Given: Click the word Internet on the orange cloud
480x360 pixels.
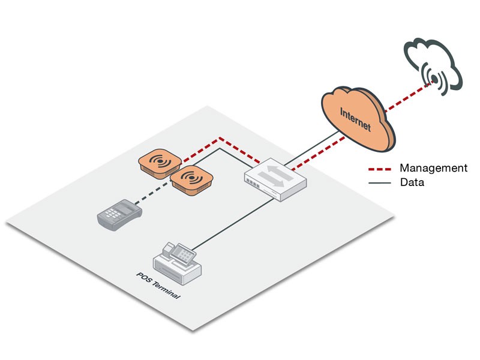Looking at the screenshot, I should (x=355, y=119).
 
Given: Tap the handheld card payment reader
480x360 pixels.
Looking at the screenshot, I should (x=119, y=214).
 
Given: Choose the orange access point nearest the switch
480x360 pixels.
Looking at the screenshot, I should (x=191, y=178).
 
